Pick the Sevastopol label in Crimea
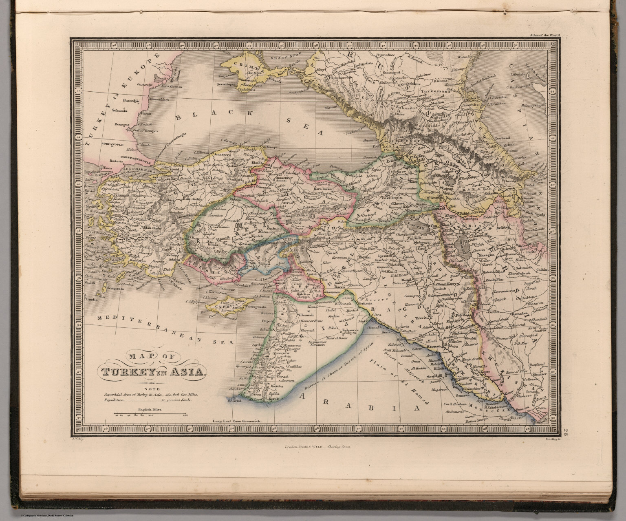[x=227, y=85]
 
